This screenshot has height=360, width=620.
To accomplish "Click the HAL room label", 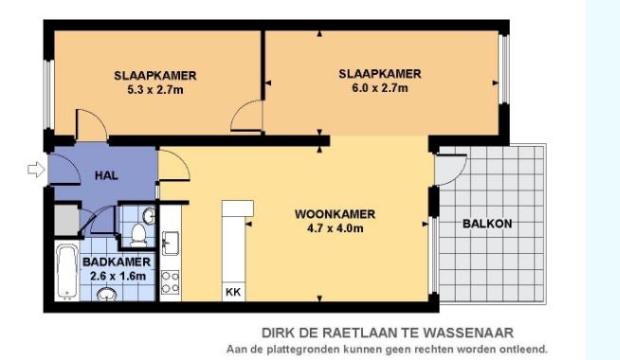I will [x=103, y=176].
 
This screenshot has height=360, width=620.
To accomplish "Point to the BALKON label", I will [x=488, y=224].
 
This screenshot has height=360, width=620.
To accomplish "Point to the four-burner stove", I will [x=171, y=281].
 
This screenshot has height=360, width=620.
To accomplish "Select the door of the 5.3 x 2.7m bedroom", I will [x=90, y=123].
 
